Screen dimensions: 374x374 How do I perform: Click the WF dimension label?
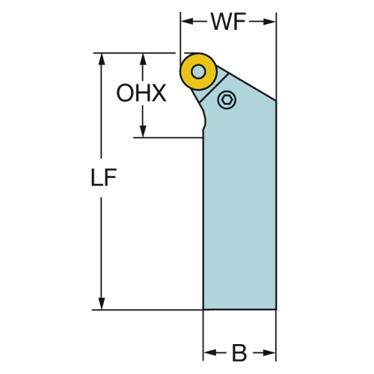[x=229, y=22]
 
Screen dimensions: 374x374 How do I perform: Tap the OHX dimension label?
[x=141, y=93]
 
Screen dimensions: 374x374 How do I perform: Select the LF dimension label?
[x=103, y=177]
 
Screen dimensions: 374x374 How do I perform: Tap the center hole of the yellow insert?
[x=198, y=72]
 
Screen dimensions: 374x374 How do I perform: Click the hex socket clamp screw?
[x=227, y=99]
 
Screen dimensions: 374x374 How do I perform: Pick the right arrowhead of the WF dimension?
[x=269, y=22]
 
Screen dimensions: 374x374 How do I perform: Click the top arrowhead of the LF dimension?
[x=101, y=59]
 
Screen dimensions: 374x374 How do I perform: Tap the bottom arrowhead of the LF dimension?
[x=101, y=303]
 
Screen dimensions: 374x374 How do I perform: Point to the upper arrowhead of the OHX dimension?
[x=143, y=59]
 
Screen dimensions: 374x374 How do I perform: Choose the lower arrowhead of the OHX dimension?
[x=143, y=131]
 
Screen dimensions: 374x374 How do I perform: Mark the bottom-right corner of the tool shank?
[x=276, y=310]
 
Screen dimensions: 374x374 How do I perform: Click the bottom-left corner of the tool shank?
[x=203, y=310]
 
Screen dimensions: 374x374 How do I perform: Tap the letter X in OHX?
[x=159, y=93]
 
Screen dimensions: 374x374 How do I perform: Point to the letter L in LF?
[x=96, y=177]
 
